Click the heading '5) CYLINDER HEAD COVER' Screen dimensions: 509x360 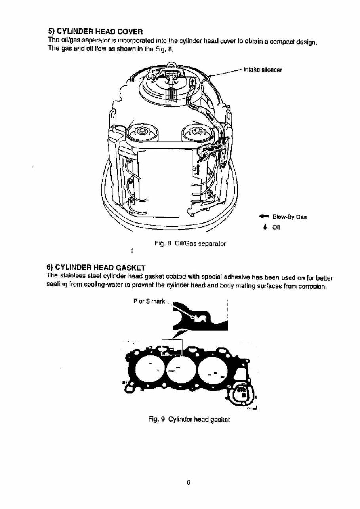pyautogui.click(x=95, y=31)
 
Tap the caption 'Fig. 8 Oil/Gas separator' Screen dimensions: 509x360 pyautogui.click(x=191, y=244)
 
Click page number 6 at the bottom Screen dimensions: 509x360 pyautogui.click(x=189, y=482)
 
